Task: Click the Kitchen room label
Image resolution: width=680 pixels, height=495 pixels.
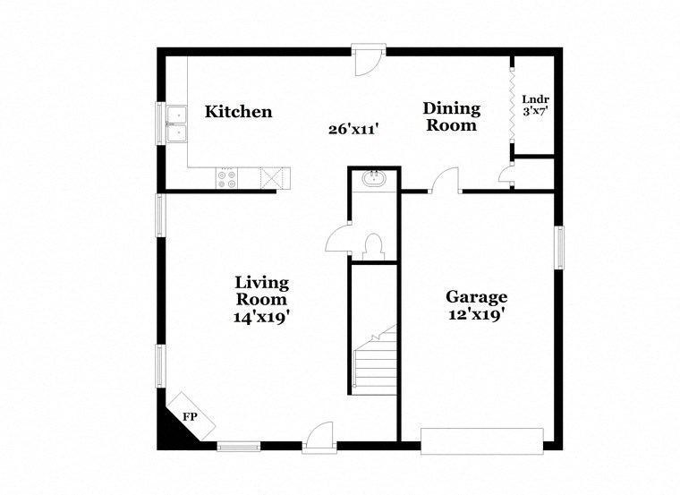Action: (238, 112)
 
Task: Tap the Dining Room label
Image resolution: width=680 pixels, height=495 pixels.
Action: (451, 116)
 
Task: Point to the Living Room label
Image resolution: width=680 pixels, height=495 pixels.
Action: (261, 291)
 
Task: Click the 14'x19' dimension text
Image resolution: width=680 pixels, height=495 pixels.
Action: (261, 316)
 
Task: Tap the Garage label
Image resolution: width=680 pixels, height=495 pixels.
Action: (476, 297)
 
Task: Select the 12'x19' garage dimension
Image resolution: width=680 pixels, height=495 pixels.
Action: (476, 314)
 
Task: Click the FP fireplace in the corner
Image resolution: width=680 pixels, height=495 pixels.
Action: (190, 416)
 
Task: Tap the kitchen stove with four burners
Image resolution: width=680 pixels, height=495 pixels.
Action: (226, 179)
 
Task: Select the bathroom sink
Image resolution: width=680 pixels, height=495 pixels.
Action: (373, 179)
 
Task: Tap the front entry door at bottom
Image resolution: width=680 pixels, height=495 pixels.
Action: (319, 439)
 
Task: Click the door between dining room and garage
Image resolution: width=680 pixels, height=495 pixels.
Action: (443, 183)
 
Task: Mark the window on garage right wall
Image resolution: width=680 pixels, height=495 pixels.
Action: (558, 247)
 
